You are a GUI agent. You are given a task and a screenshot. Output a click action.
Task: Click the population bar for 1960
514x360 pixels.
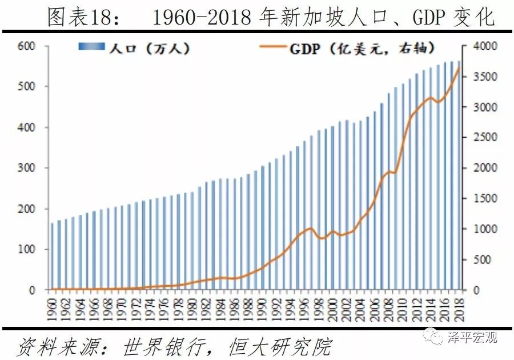coord(52,257)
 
